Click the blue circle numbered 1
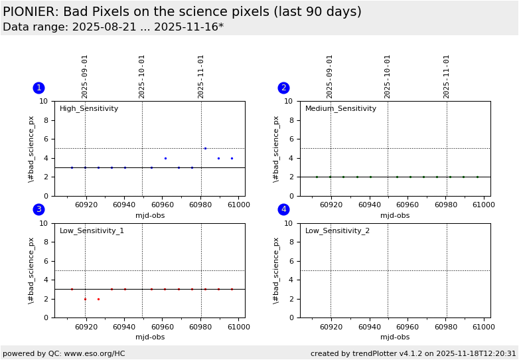pyautogui.click(x=38, y=88)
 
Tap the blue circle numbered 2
pyautogui.click(x=283, y=88)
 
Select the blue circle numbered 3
pyautogui.click(x=38, y=209)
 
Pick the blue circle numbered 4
pyautogui.click(x=283, y=209)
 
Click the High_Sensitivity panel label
pyautogui.click(x=89, y=109)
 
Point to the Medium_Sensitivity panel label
pyautogui.click(x=340, y=109)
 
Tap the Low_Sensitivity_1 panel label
pyautogui.click(x=92, y=231)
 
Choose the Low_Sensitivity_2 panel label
pyautogui.click(x=337, y=231)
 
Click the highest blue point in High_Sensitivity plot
pyautogui.click(x=205, y=148)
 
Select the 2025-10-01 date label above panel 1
pyautogui.click(x=142, y=76)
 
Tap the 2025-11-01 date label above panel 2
pyautogui.click(x=447, y=76)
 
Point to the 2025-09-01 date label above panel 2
pyautogui.click(x=330, y=76)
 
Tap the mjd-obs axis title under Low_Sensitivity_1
pyautogui.click(x=150, y=337)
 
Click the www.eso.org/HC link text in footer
pyautogui.click(x=92, y=353)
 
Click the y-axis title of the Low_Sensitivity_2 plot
pyautogui.click(x=276, y=270)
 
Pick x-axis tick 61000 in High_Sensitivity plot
pyautogui.click(x=239, y=205)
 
